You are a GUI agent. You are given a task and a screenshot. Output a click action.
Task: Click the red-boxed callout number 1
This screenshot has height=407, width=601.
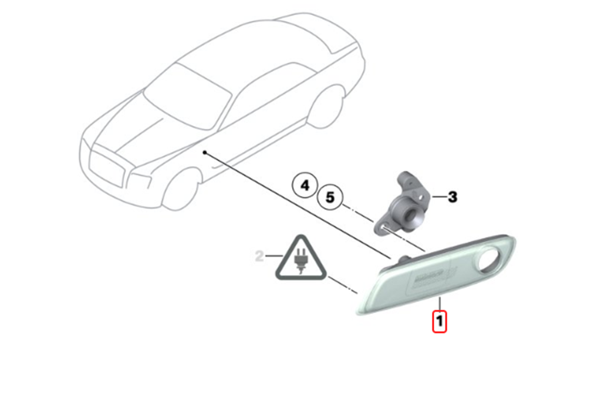(x=440, y=321)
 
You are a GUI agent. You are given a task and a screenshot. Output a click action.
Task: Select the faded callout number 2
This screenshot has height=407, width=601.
(x=258, y=255)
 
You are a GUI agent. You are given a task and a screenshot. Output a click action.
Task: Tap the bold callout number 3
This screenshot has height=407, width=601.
(x=453, y=197)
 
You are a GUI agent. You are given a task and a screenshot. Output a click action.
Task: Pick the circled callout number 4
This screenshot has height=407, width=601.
(x=305, y=186)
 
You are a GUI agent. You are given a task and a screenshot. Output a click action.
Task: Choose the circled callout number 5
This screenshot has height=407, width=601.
(x=330, y=197)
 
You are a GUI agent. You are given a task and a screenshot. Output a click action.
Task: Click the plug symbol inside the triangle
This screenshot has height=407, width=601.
(x=300, y=261)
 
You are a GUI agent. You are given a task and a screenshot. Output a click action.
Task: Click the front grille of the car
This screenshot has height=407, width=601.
(x=109, y=167)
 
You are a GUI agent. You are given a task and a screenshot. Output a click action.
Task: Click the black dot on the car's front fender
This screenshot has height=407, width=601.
(x=204, y=153)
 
